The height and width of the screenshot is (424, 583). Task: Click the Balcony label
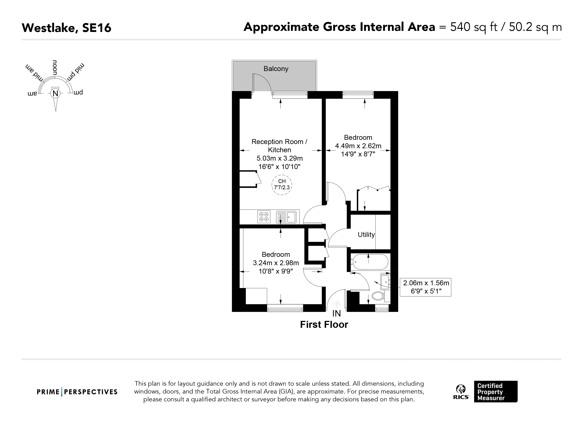click(276, 69)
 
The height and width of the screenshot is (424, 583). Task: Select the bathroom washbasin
click(385, 282)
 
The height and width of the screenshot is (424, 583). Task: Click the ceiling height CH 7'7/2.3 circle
click(282, 185)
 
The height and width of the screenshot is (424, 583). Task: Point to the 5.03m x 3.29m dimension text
click(280, 158)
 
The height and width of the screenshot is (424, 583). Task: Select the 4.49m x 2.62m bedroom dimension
click(358, 146)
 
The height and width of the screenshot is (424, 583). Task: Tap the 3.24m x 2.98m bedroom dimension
click(276, 263)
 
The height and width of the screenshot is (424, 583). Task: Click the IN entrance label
click(337, 314)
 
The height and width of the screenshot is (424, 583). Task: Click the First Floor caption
click(324, 325)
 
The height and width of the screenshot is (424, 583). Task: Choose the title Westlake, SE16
click(67, 28)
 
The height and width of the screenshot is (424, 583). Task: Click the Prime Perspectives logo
click(77, 392)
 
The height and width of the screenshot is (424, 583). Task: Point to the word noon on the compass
click(55, 68)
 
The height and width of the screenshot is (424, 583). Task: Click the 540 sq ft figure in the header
click(474, 27)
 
